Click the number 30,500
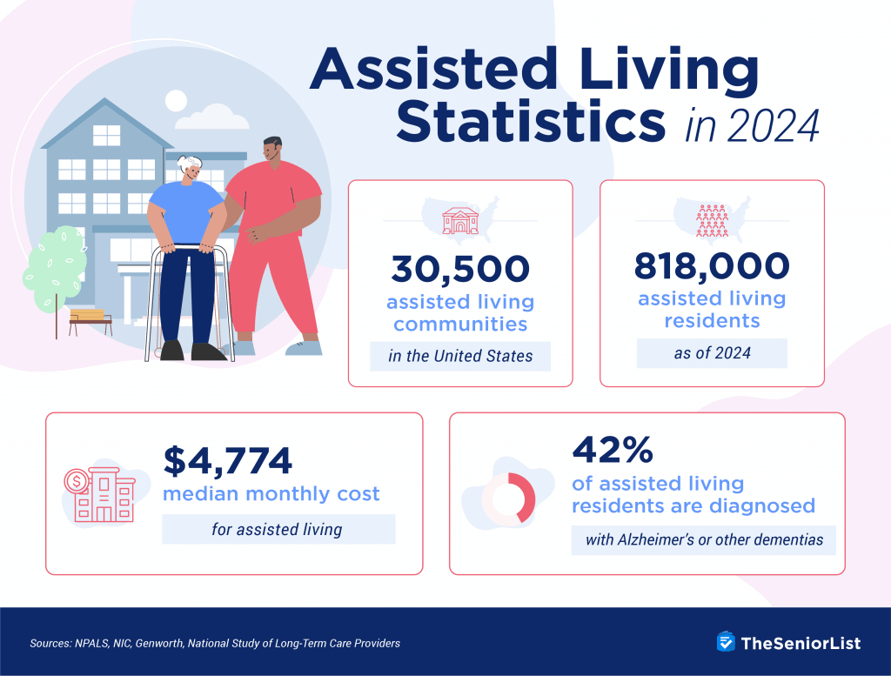(459, 269)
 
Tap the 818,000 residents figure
(712, 265)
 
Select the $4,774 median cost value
(228, 461)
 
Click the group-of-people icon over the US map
(712, 221)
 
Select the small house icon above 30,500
(459, 220)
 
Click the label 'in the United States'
(460, 356)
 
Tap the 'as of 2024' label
(712, 353)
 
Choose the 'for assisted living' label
(278, 529)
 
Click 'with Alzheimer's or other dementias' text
(704, 539)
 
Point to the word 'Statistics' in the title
(532, 122)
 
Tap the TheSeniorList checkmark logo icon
(726, 642)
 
